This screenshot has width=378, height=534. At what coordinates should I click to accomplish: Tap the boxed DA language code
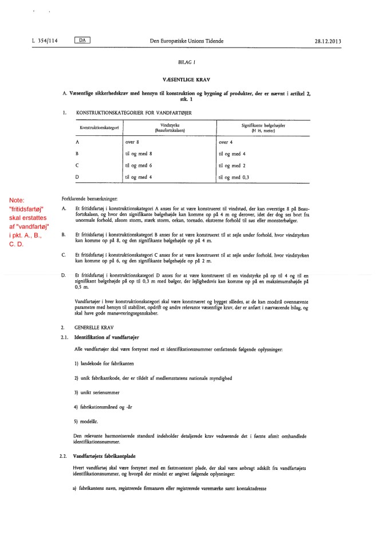(83, 41)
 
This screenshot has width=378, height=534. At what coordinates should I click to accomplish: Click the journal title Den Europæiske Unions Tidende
(187, 41)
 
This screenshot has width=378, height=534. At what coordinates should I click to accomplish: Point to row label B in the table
(77, 154)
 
